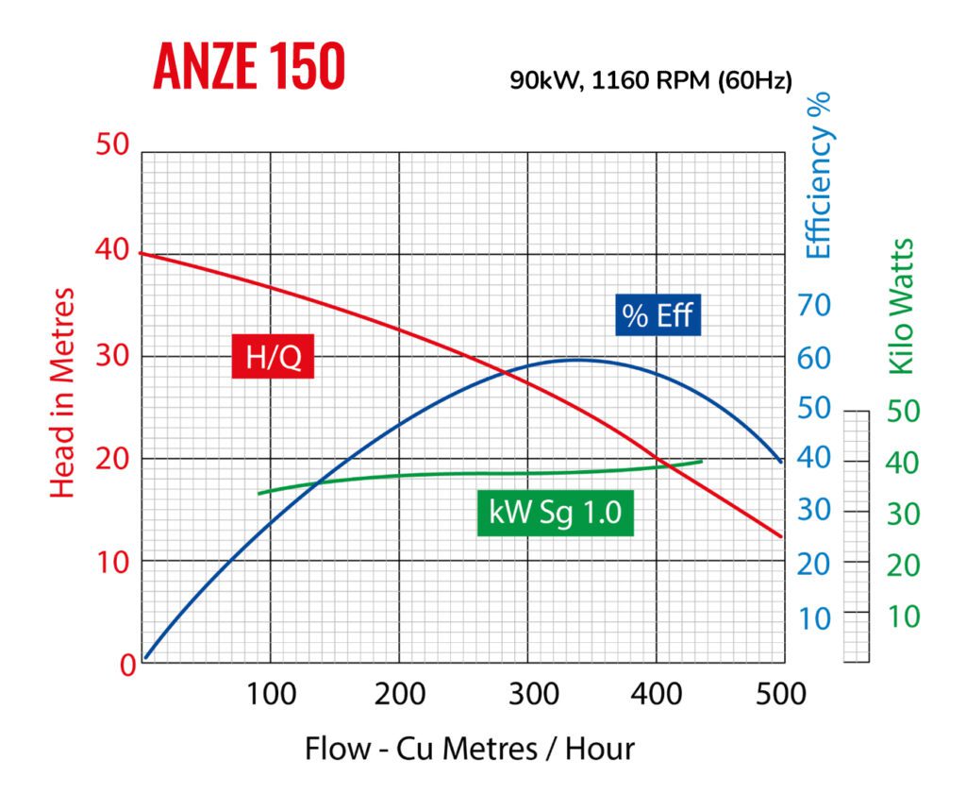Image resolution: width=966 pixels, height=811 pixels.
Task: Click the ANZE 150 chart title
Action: pyautogui.click(x=249, y=67)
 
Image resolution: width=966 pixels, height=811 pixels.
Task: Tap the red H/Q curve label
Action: pyautogui.click(x=273, y=358)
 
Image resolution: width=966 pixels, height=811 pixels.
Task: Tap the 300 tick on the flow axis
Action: pyautogui.click(x=527, y=695)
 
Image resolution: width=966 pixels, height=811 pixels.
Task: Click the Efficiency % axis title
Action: pyautogui.click(x=820, y=175)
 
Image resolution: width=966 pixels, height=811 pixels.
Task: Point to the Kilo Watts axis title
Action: pyautogui.click(x=902, y=306)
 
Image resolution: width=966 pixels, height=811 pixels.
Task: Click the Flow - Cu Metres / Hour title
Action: pyautogui.click(x=469, y=749)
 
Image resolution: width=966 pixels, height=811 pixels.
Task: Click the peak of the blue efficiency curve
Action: pyautogui.click(x=577, y=360)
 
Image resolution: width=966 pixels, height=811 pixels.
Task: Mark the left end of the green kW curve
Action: pyautogui.click(x=258, y=493)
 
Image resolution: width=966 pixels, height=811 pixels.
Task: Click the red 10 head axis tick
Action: pyautogui.click(x=112, y=562)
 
